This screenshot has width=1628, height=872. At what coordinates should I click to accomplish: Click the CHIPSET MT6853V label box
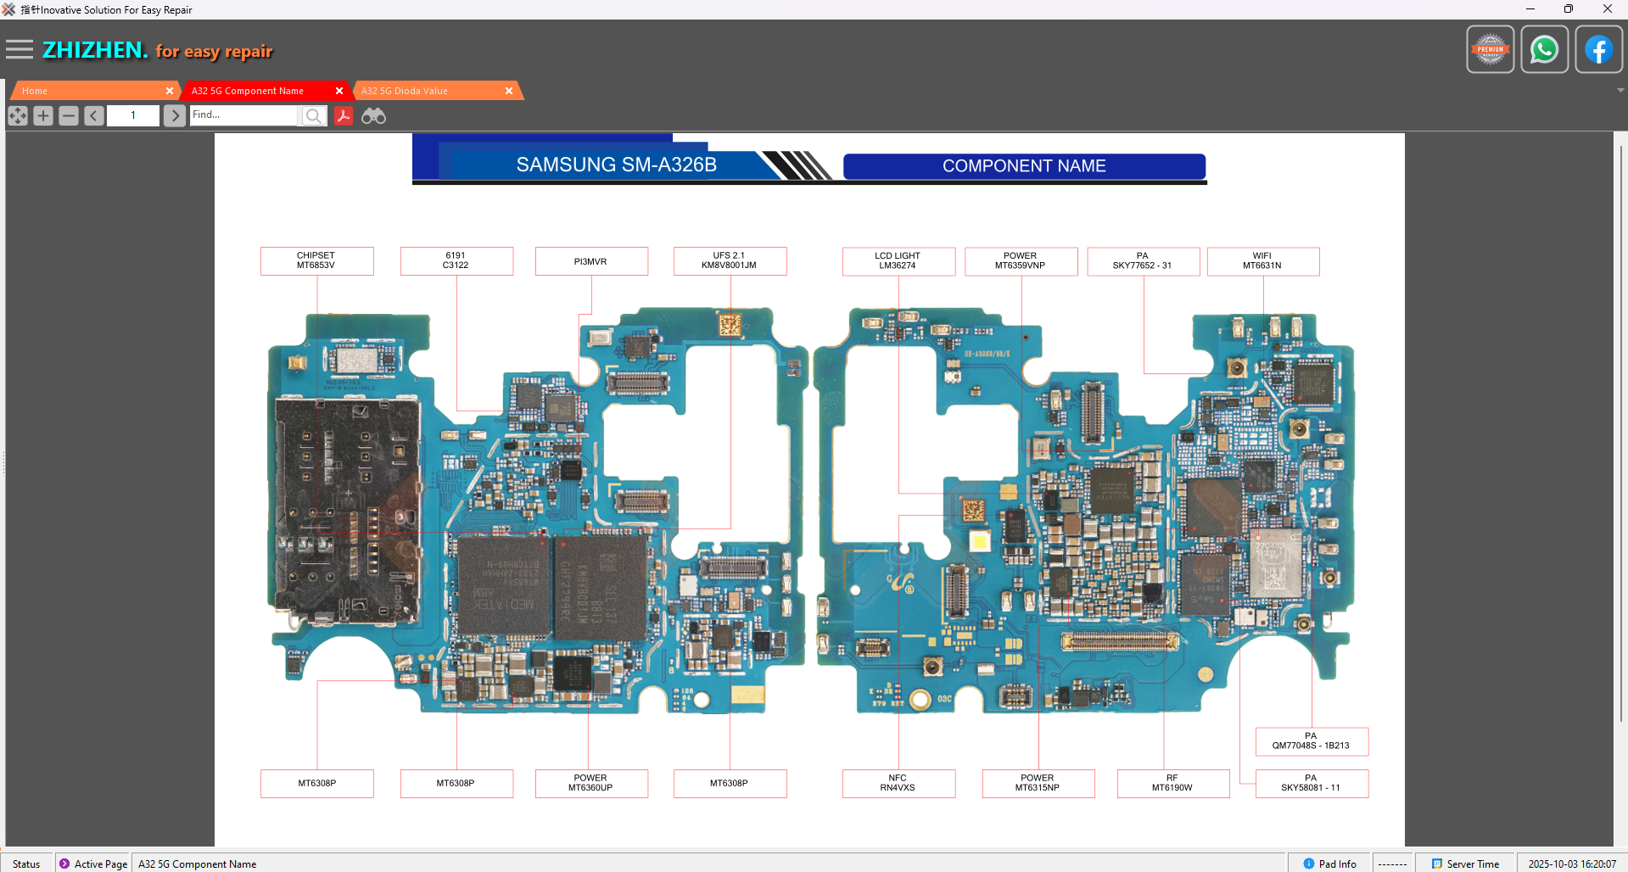(x=316, y=260)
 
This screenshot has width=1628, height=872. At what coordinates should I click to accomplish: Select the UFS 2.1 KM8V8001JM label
(x=730, y=260)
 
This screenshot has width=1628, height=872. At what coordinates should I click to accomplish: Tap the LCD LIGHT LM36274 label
(x=898, y=261)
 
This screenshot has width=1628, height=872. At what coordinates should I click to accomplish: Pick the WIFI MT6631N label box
(x=1262, y=261)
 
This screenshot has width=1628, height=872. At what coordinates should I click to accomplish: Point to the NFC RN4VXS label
(x=898, y=783)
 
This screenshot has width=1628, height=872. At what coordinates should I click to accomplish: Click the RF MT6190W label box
(x=1172, y=783)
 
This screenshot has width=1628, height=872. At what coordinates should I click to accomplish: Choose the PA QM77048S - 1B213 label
(x=1312, y=741)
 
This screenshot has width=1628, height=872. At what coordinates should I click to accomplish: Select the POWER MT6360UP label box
(x=591, y=783)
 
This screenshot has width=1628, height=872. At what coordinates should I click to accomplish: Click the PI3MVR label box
(x=591, y=261)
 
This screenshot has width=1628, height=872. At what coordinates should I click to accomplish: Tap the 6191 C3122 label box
(x=456, y=260)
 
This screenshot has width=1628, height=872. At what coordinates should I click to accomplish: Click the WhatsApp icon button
(x=1544, y=50)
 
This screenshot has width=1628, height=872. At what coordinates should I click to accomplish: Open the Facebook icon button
(x=1598, y=50)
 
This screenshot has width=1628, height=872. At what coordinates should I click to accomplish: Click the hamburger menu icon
(x=20, y=50)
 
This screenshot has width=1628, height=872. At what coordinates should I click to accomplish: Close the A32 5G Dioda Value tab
(x=509, y=91)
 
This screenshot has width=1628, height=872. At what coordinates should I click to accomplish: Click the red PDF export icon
(x=344, y=116)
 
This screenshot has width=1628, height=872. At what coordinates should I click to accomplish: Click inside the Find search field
(x=244, y=115)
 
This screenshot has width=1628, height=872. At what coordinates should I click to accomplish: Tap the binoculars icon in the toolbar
(x=373, y=116)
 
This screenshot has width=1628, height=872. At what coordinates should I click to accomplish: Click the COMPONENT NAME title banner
(x=1024, y=166)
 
